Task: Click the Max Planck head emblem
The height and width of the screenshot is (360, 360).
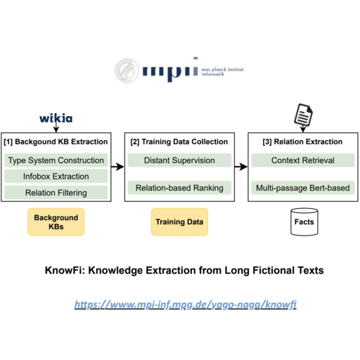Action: [x=127, y=70]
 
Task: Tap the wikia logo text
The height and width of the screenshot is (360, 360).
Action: [x=56, y=118]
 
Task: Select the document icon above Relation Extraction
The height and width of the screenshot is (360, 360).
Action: [x=304, y=115]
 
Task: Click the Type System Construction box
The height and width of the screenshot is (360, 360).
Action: [x=56, y=160]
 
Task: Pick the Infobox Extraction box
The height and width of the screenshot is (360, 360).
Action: [x=56, y=176]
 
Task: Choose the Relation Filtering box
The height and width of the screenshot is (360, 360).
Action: [x=56, y=193]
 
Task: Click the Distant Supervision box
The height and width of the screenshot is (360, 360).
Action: [x=179, y=160]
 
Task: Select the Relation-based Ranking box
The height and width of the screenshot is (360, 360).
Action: [x=179, y=188]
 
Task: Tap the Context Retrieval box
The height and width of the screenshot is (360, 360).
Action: [x=303, y=160]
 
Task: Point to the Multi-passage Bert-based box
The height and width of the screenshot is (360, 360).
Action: [x=303, y=188]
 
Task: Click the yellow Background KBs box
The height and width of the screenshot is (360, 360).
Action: [x=56, y=221]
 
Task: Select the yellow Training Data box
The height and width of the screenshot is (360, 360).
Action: [x=179, y=221]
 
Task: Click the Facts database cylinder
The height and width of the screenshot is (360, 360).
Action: [x=304, y=221]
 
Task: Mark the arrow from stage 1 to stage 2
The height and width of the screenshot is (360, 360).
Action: [x=117, y=167]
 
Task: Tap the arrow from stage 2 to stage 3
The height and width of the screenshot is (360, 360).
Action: [x=241, y=167]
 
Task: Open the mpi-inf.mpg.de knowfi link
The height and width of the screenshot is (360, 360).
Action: [x=186, y=304]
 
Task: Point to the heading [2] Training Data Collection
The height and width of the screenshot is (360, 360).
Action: [x=179, y=141]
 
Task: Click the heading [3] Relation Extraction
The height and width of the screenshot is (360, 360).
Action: [x=302, y=141]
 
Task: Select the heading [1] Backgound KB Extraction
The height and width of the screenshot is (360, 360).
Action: [x=56, y=141]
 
